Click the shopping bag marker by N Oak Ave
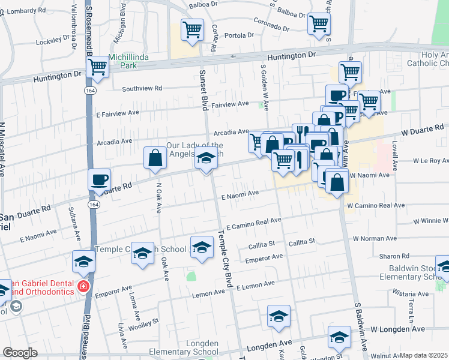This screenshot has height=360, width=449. click(x=155, y=158)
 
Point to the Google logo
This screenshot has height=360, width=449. click(x=20, y=353)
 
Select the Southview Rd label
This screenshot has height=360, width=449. click(x=142, y=88)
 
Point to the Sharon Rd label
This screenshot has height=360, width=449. click(x=394, y=256)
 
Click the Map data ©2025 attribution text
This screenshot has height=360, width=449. click(x=423, y=355)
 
